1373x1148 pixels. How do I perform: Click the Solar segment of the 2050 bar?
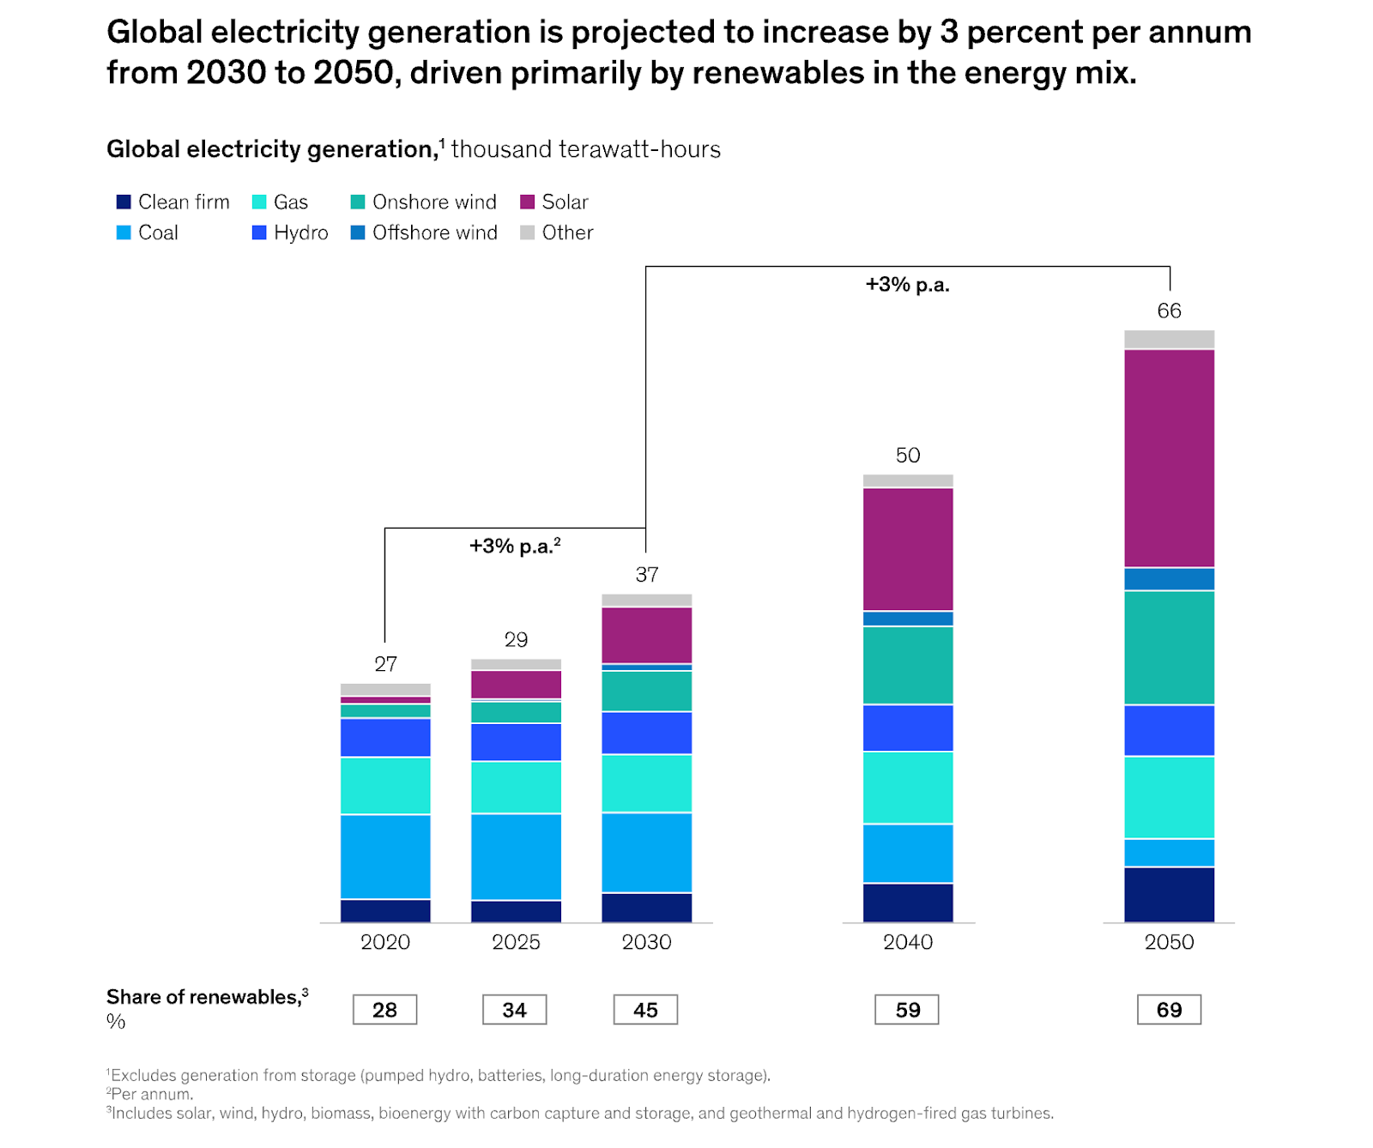(x=1169, y=458)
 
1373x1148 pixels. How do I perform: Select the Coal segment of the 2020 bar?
(x=385, y=856)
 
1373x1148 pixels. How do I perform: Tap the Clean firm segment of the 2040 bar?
(x=908, y=903)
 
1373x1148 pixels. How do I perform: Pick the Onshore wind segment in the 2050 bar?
(x=1169, y=648)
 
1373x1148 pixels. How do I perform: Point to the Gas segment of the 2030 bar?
(x=646, y=783)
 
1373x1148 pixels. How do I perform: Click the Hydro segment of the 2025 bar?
(x=516, y=742)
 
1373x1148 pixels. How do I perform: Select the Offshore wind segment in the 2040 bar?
(x=908, y=619)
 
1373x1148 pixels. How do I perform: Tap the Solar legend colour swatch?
(x=528, y=202)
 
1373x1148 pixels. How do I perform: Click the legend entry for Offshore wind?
(x=434, y=233)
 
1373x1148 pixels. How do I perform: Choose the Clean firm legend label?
(x=184, y=202)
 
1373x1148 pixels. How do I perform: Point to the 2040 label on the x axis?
(x=908, y=942)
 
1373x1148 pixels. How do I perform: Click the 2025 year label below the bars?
(x=516, y=942)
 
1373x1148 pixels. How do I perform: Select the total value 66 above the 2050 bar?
(x=1169, y=311)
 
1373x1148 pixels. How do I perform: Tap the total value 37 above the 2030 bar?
(x=646, y=574)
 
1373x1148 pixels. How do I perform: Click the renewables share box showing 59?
(x=907, y=1010)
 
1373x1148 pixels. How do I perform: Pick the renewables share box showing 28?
(x=384, y=1010)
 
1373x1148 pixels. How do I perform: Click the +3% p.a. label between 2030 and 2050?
(x=907, y=285)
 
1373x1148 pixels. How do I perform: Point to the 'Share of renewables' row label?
(x=203, y=997)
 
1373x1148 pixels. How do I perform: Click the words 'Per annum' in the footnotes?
(x=152, y=1094)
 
